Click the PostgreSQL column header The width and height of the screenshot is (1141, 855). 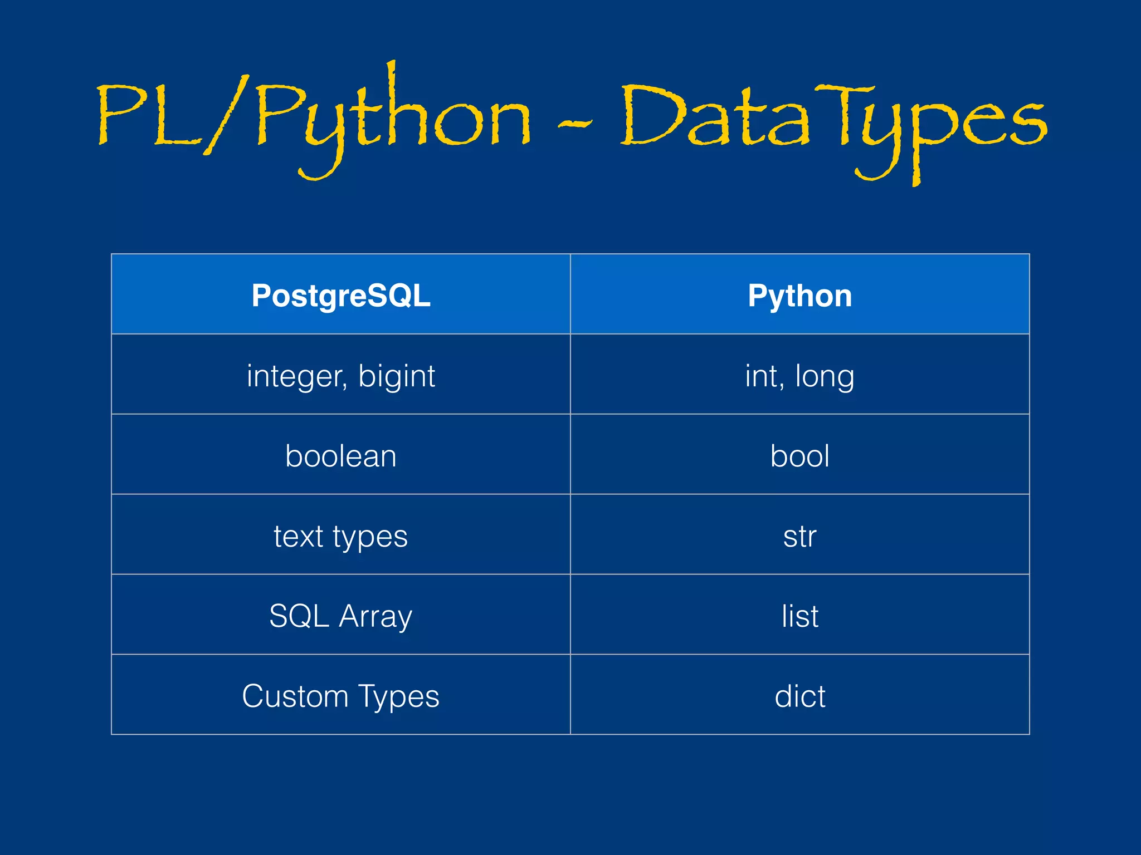(x=340, y=296)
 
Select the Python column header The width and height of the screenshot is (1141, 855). (x=799, y=296)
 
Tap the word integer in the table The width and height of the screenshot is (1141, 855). (x=296, y=377)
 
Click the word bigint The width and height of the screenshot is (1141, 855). (x=396, y=377)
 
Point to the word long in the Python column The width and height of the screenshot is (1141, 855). (x=824, y=377)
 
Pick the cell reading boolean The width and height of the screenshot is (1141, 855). (x=340, y=456)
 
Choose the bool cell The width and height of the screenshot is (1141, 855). (x=799, y=456)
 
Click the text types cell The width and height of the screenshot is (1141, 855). (x=340, y=537)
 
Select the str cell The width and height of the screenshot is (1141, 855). (x=799, y=537)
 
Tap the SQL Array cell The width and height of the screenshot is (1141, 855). (x=340, y=616)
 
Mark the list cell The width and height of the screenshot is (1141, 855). (x=799, y=616)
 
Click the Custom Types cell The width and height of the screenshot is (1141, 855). (x=340, y=696)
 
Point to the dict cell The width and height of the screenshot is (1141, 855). (x=799, y=696)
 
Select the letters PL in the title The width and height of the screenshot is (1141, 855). (x=148, y=117)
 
